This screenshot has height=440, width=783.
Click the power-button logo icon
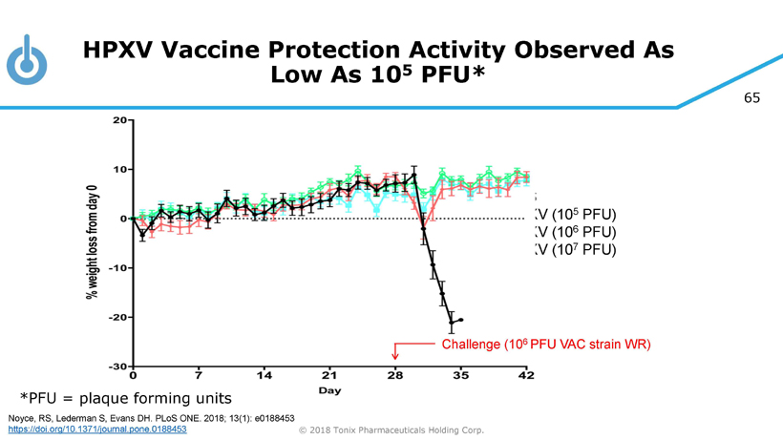coord(27,61)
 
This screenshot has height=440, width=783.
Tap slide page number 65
coord(751,97)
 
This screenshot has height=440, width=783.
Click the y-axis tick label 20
coord(119,120)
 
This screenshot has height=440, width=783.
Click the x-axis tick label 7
coord(199,376)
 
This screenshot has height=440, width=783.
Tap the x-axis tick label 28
coord(395,376)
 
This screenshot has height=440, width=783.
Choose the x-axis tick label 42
coord(526,376)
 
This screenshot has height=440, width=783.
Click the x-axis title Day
coord(329,390)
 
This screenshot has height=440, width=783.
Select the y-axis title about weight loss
coord(93,241)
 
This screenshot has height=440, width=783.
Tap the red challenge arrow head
coord(395,357)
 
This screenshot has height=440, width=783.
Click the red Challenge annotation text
coord(545,344)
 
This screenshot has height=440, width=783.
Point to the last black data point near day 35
coord(461,320)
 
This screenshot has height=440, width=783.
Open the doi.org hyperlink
coord(96,430)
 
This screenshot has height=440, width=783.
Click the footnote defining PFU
coord(125,397)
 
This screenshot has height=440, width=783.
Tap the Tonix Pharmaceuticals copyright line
coord(391,430)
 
